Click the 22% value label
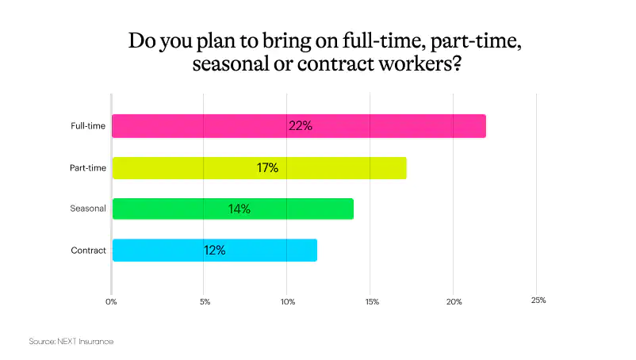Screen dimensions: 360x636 coord(301,126)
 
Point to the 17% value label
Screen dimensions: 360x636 coord(266,167)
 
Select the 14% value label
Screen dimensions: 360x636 coord(239,209)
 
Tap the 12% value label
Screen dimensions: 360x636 coord(214,250)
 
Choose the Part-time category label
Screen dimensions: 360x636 coord(83,167)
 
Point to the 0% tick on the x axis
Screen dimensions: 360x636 coord(112,301)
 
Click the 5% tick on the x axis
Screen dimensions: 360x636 coord(205,301)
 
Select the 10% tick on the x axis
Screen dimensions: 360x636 coord(288,301)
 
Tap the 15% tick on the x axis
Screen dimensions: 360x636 coord(372,301)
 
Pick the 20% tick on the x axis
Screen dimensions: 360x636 coord(454,301)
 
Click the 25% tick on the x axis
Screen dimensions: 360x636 coord(538,301)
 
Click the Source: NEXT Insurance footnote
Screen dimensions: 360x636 coord(71,341)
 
